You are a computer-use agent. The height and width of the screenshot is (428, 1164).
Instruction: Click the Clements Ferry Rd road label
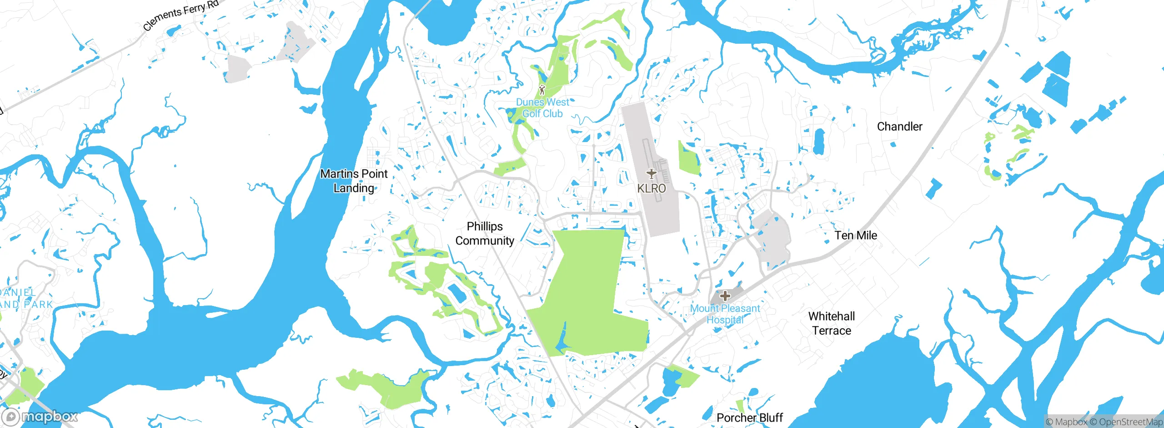coord(181,15)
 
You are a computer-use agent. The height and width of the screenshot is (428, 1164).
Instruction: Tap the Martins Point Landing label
coord(354,181)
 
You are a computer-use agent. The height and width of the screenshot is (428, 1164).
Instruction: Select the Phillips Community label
coord(485,234)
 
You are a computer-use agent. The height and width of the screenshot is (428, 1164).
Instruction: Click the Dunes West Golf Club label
coord(542,108)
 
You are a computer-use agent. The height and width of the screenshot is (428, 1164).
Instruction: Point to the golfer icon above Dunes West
coord(542,89)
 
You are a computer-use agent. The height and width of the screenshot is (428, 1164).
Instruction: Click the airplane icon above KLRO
coord(652,173)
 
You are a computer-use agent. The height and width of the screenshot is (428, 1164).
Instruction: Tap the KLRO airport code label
coord(652,188)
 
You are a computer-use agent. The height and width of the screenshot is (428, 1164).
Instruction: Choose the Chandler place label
coord(899,127)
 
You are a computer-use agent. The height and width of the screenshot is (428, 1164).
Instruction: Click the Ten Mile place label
coord(856,235)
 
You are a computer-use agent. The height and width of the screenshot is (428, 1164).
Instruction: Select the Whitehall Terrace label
coord(832,323)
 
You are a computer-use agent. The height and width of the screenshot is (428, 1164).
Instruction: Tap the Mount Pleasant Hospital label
coord(725,314)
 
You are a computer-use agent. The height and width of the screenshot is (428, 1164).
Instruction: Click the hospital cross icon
coord(725,296)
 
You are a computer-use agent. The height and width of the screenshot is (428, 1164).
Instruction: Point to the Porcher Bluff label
coord(750,418)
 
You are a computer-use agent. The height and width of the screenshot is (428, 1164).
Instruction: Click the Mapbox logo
coord(40,417)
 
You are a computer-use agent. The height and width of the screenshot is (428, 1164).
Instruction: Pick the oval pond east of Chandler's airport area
coord(819,141)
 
